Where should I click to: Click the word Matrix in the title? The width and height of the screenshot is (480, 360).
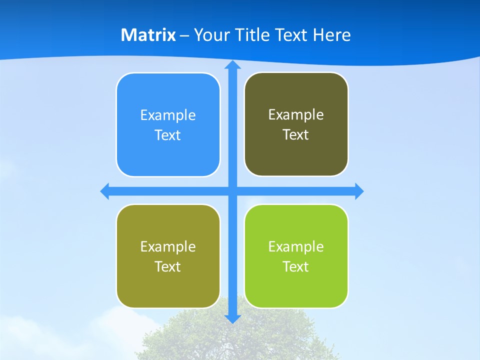tap(148, 35)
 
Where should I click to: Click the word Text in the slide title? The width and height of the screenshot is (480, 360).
tap(292, 35)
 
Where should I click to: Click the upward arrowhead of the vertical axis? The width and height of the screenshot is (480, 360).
tap(232, 65)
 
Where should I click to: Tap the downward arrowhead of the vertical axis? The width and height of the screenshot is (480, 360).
tap(232, 319)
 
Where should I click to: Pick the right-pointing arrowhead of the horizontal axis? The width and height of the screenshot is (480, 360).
tap(359, 191)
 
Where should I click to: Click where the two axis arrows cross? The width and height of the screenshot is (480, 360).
tap(232, 191)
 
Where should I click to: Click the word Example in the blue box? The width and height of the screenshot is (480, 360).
tap(168, 115)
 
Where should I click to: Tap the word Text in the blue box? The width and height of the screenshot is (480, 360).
tap(167, 135)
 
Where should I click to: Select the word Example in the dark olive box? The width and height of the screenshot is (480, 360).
tap(296, 115)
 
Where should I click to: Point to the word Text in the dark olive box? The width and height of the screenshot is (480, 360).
tap(295, 135)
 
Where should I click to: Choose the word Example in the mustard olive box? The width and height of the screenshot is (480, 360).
tap(168, 247)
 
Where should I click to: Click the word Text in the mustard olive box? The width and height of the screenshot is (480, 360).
tap(167, 267)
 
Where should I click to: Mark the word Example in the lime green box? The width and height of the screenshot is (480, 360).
tap(296, 247)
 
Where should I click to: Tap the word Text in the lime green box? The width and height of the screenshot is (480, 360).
tap(295, 267)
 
